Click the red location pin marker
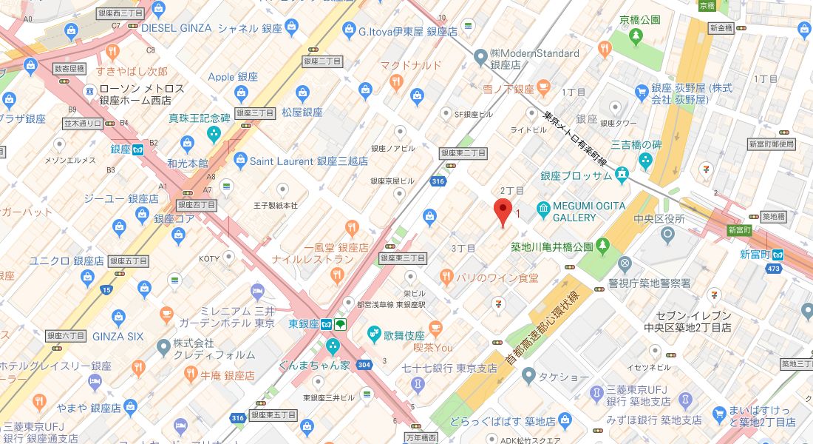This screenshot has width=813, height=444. [503, 211]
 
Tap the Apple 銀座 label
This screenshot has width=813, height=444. [231, 77]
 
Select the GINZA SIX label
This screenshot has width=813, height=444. [118, 336]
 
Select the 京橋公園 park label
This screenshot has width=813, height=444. [639, 20]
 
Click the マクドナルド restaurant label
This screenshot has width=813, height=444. [411, 65]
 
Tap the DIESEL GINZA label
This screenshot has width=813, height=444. [176, 28]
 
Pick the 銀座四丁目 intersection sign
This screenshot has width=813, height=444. [197, 205]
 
